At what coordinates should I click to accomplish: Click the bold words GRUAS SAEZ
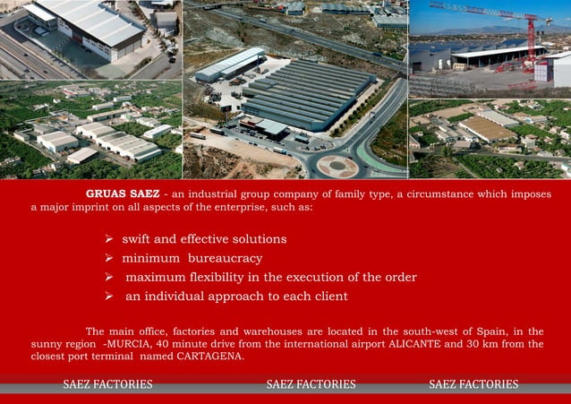click(123, 193)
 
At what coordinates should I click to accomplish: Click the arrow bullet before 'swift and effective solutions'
click(108, 239)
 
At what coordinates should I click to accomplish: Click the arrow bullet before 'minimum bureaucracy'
click(108, 258)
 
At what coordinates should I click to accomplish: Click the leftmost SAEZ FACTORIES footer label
click(107, 384)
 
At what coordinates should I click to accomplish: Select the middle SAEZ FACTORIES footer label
click(311, 384)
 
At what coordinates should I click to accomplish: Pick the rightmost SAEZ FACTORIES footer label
click(473, 384)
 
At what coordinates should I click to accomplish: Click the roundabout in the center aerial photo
click(337, 166)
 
